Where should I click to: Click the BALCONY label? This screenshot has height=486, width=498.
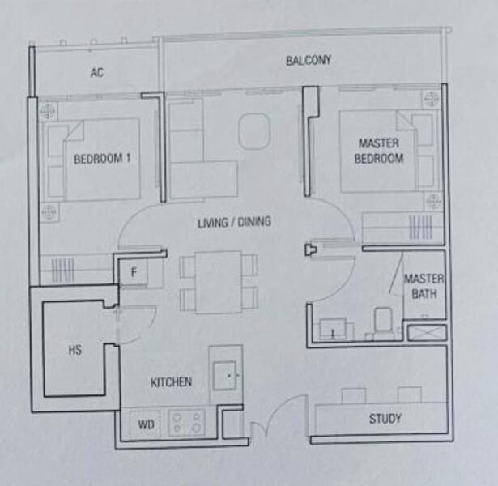click(309, 60)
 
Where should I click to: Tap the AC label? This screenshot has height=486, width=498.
click(97, 72)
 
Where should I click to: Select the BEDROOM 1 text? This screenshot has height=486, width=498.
click(102, 159)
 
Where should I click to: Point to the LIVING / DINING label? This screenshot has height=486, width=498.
click(234, 222)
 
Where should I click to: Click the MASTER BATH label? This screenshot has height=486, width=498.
click(424, 286)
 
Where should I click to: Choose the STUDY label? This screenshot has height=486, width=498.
click(385, 419)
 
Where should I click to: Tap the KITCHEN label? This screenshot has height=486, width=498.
click(171, 382)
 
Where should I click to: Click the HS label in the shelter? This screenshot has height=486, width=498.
click(75, 350)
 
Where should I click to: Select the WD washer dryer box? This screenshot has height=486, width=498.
click(145, 424)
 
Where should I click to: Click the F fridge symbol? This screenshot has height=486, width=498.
click(134, 272)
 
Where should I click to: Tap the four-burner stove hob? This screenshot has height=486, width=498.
click(187, 423)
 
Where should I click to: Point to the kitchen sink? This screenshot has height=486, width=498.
click(225, 376)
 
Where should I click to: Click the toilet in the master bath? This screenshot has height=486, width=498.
click(383, 321)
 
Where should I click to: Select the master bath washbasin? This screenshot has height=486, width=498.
click(333, 329)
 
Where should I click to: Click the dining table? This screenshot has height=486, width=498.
click(219, 282)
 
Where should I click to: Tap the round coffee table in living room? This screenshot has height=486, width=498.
click(254, 131)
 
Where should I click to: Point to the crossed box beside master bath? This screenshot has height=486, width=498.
click(427, 332)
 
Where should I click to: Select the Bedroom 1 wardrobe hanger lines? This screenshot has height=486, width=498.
click(63, 270)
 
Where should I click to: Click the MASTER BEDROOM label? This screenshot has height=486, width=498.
click(379, 151)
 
